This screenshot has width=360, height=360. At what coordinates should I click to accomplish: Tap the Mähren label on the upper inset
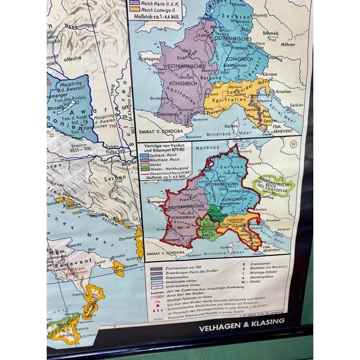(287, 44)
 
